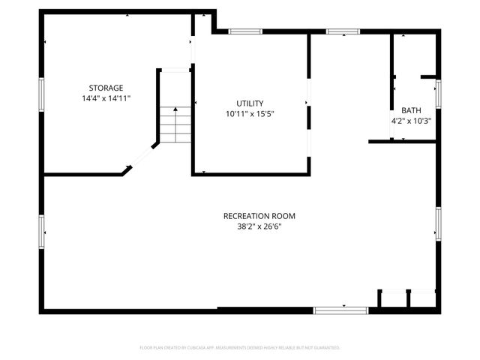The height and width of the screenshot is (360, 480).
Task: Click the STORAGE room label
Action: [106, 88]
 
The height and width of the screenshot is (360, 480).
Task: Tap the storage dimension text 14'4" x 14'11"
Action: [106, 98]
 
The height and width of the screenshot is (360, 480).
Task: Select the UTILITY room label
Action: [250, 103]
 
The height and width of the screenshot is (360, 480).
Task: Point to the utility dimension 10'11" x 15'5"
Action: [250, 114]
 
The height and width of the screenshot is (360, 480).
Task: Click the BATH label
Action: [411, 109]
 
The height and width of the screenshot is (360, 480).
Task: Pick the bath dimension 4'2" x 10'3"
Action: [411, 120]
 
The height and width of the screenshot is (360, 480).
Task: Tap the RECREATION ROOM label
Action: [254, 216]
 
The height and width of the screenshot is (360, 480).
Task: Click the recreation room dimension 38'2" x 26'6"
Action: [254, 226]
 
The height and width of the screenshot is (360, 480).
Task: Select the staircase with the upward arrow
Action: [175, 124]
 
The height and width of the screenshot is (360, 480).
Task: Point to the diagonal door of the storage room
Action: [142, 157]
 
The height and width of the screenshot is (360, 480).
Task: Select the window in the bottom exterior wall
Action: [340, 310]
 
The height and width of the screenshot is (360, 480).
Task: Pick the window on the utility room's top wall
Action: [245, 31]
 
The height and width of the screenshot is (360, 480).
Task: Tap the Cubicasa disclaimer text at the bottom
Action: [240, 347]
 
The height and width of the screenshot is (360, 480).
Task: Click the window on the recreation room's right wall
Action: [438, 223]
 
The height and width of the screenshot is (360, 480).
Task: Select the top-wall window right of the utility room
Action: [343, 31]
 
